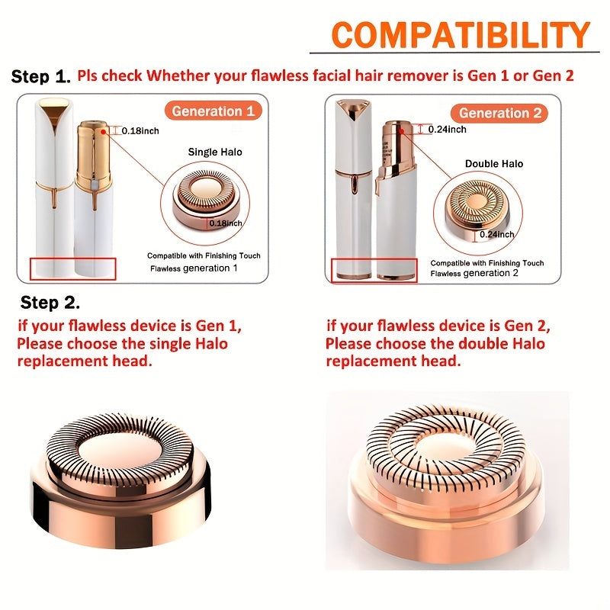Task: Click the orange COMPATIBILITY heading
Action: click(461, 35)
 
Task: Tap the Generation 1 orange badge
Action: click(213, 111)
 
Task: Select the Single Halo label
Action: click(215, 152)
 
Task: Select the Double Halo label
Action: click(493, 164)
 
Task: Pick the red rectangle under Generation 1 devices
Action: click(72, 268)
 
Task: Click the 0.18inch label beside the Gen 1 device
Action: click(140, 131)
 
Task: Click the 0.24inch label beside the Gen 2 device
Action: click(447, 130)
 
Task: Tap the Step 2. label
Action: click(50, 302)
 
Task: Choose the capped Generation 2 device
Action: click(351, 191)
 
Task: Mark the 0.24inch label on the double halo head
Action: click(496, 235)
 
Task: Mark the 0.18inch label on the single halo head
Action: click(226, 223)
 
